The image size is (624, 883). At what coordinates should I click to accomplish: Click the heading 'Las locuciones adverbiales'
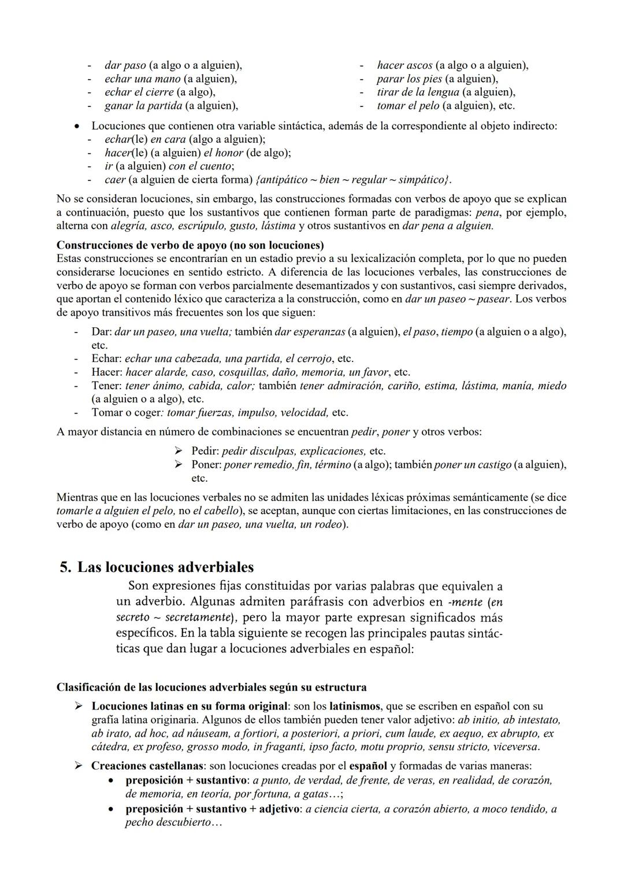click(x=165, y=567)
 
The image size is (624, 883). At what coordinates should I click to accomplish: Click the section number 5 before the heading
click(x=64, y=567)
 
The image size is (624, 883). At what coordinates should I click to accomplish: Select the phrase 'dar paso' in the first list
click(x=125, y=65)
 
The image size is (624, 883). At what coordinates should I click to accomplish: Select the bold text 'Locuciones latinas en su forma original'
click(x=190, y=706)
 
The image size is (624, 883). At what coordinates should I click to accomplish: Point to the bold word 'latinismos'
click(x=355, y=706)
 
